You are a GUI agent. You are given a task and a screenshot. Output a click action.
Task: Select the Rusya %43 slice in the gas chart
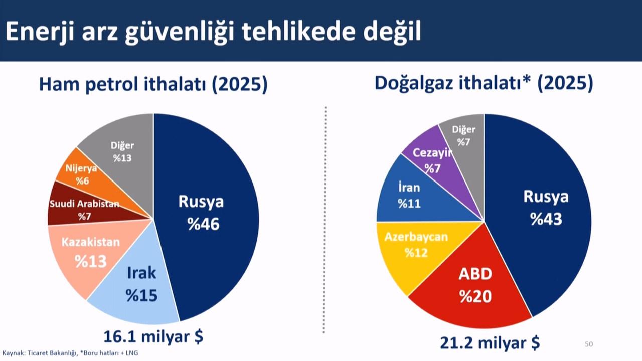542,211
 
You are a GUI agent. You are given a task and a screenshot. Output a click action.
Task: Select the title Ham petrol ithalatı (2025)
153,85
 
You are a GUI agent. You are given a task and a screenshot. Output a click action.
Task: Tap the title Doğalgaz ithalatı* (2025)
484,83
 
